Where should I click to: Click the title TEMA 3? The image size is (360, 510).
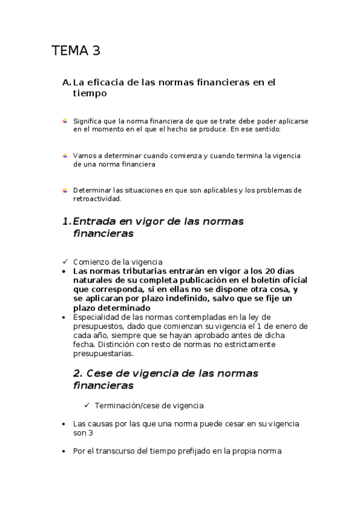pyautogui.click(x=76, y=51)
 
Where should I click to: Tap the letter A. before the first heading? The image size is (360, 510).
pyautogui.click(x=66, y=82)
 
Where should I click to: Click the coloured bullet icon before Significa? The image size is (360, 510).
pyautogui.click(x=65, y=121)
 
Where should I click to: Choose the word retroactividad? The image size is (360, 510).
pyautogui.click(x=97, y=198)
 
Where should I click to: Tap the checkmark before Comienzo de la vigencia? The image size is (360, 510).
pyautogui.click(x=65, y=262)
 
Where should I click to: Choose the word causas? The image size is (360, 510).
pyautogui.click(x=99, y=423)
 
